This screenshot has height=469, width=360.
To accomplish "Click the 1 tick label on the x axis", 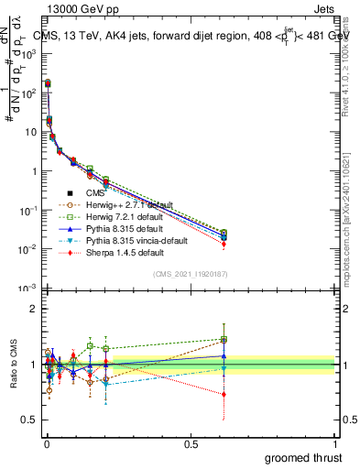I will tap(335, 443).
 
